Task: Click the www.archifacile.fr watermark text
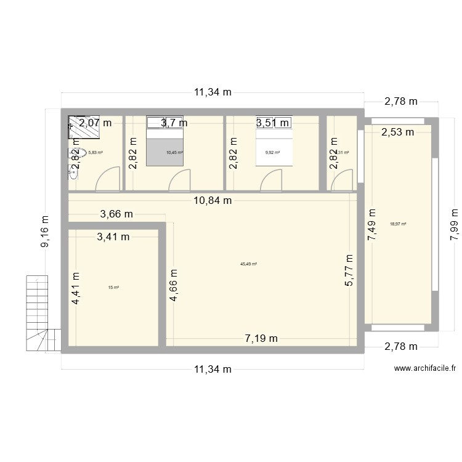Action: (424, 368)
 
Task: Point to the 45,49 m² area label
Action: (248, 264)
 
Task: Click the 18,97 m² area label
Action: (398, 224)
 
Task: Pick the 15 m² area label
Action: (113, 287)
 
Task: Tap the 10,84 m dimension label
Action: (211, 200)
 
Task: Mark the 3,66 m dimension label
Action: (116, 214)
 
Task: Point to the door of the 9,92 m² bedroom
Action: (272, 180)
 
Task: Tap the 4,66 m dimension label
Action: (174, 285)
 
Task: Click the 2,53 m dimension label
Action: (397, 131)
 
